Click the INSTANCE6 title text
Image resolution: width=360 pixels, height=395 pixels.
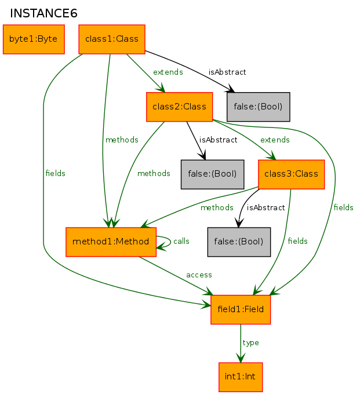43,13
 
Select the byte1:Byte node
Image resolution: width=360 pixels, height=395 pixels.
34,39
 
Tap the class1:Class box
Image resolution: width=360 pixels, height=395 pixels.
112,39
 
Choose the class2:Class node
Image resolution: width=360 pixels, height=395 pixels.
180,107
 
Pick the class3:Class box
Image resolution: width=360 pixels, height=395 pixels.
292,174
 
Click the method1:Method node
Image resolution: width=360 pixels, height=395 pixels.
111,242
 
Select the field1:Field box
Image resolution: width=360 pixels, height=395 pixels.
241,310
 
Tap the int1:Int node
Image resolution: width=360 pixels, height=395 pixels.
241,377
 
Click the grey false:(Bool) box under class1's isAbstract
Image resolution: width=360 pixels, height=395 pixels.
259,107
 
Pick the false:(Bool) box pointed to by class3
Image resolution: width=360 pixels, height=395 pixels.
239,242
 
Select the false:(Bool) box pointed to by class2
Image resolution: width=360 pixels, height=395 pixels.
213,174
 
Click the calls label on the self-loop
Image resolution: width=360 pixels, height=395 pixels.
181,241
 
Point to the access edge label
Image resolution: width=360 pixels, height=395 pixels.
199,275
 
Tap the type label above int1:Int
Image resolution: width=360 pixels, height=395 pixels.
250,343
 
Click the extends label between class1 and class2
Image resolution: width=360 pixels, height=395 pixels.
168,72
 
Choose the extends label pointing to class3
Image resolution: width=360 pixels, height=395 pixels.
275,140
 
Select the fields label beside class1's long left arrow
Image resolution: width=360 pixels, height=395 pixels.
56,173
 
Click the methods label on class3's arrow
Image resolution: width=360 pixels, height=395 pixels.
217,207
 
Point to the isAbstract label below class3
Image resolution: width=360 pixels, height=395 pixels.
266,207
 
